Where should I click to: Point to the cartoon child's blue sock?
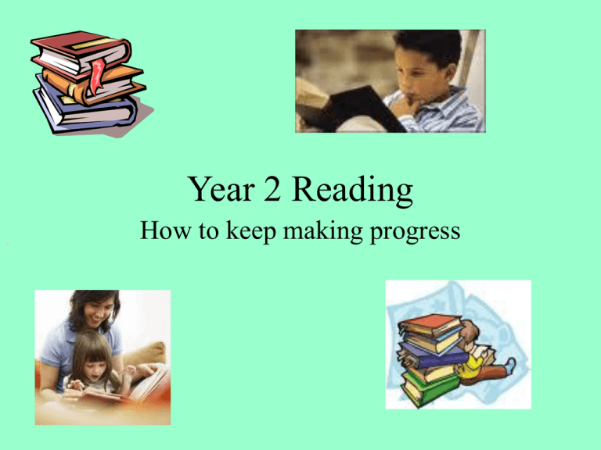coord(511,363)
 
